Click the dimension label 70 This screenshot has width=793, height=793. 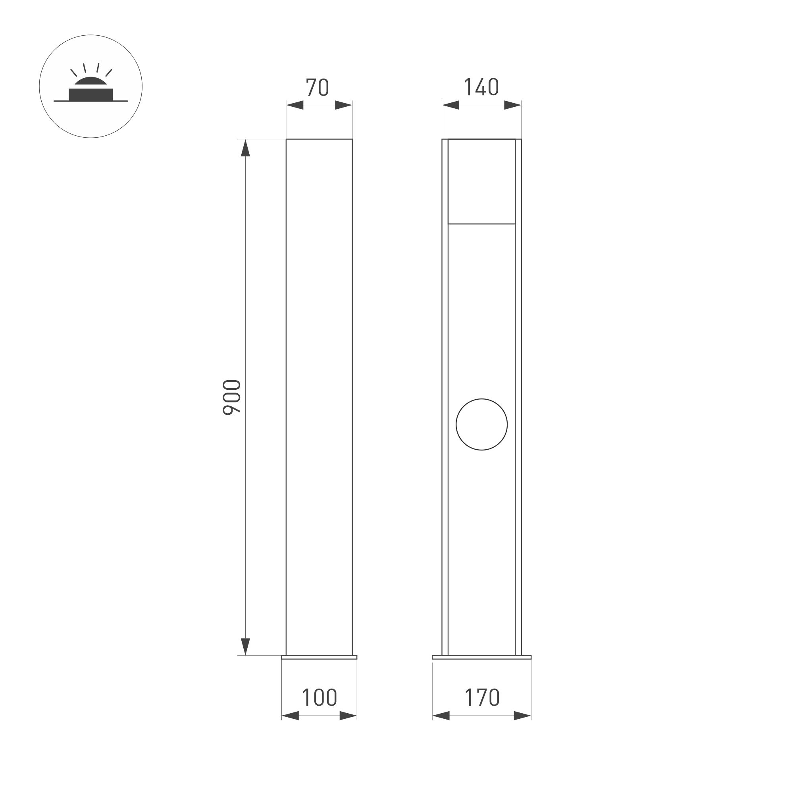pyautogui.click(x=317, y=87)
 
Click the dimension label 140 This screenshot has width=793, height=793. pyautogui.click(x=481, y=87)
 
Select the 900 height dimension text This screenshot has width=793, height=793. pyautogui.click(x=232, y=397)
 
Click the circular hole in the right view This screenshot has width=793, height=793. pyautogui.click(x=481, y=424)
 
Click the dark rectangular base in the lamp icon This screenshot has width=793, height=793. pyautogui.click(x=91, y=94)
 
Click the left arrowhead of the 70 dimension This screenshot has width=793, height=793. pyautogui.click(x=294, y=105)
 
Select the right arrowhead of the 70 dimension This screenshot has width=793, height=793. pyautogui.click(x=344, y=105)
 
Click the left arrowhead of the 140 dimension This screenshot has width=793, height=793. pyautogui.click(x=450, y=105)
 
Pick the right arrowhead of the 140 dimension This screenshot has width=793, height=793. pyautogui.click(x=513, y=105)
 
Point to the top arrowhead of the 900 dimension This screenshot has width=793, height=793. pyautogui.click(x=245, y=148)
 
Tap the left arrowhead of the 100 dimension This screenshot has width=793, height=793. pyautogui.click(x=290, y=716)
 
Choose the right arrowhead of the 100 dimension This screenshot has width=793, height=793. pyautogui.click(x=348, y=716)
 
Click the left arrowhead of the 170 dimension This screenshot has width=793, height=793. pyautogui.click(x=441, y=716)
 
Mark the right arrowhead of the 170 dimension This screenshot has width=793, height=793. pyautogui.click(x=522, y=716)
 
